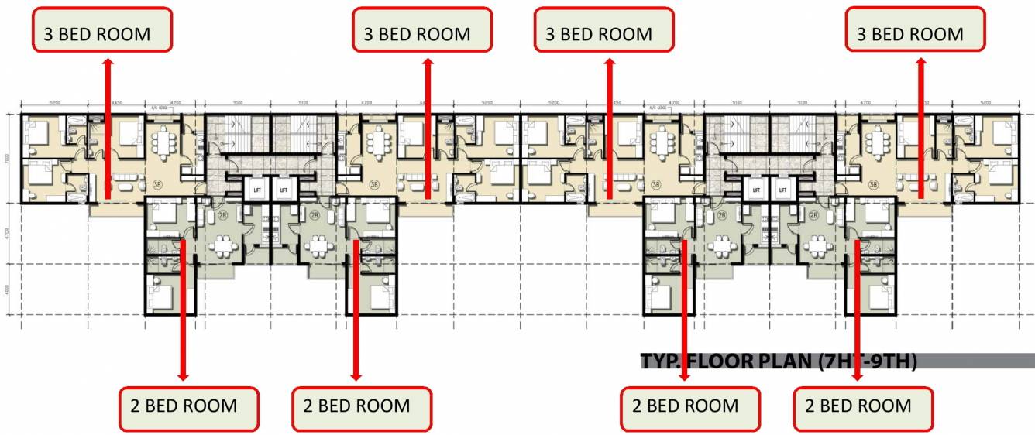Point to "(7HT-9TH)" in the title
tap(868, 361)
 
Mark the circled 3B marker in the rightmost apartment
tap(873, 185)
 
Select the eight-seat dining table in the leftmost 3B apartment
tap(165, 142)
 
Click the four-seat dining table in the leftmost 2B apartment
tap(225, 246)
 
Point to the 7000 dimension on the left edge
tap(8, 157)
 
